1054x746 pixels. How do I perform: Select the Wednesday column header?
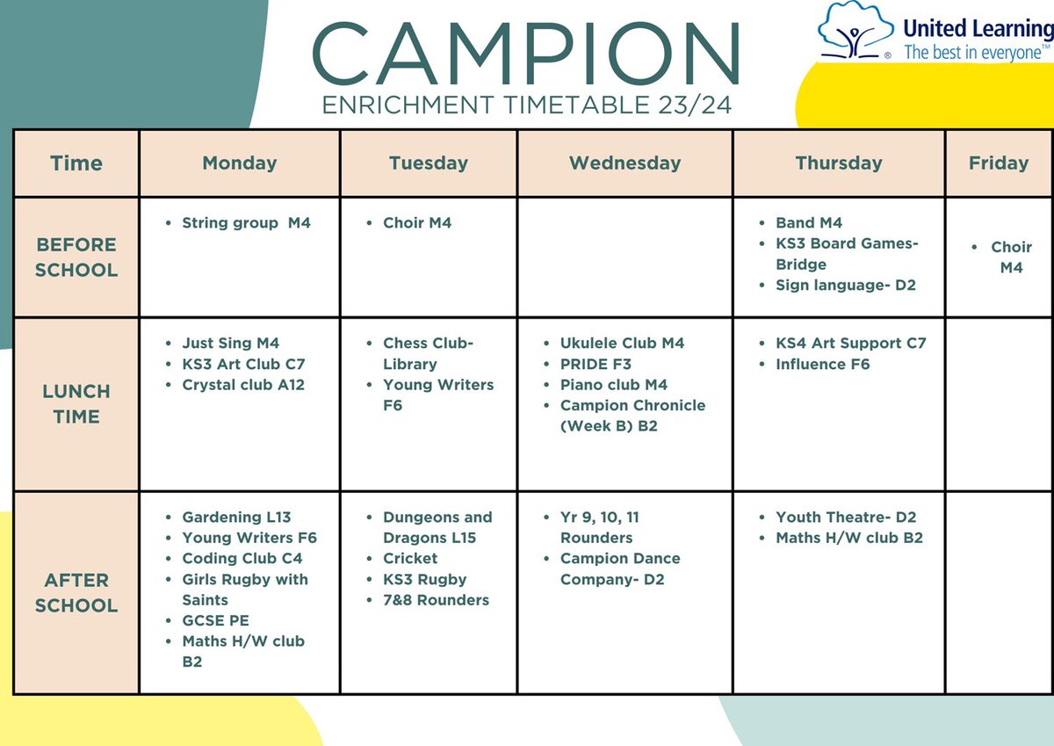tap(624, 163)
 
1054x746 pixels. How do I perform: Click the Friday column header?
tap(998, 163)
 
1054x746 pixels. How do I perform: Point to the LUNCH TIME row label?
tap(76, 403)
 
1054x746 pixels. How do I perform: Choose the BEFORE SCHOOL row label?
tap(76, 257)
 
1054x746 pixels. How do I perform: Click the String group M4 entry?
tap(246, 223)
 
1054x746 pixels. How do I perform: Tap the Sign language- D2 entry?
tap(846, 285)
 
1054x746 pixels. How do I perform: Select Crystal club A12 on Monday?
tap(243, 385)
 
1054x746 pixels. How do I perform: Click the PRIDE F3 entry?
tap(596, 364)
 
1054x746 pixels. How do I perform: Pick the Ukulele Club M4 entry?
tap(622, 343)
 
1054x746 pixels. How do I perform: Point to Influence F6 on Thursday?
tap(822, 364)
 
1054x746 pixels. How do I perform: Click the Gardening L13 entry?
tap(236, 517)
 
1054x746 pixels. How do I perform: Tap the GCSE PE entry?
tap(215, 620)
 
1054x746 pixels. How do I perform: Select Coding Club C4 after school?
tap(242, 558)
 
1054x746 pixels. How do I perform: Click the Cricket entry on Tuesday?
tap(410, 558)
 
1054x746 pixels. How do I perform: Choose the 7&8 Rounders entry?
tap(436, 600)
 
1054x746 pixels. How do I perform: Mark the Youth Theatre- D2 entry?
tap(845, 517)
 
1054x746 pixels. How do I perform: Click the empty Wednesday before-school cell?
tap(624, 257)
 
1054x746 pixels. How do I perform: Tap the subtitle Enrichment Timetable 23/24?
tap(526, 105)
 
